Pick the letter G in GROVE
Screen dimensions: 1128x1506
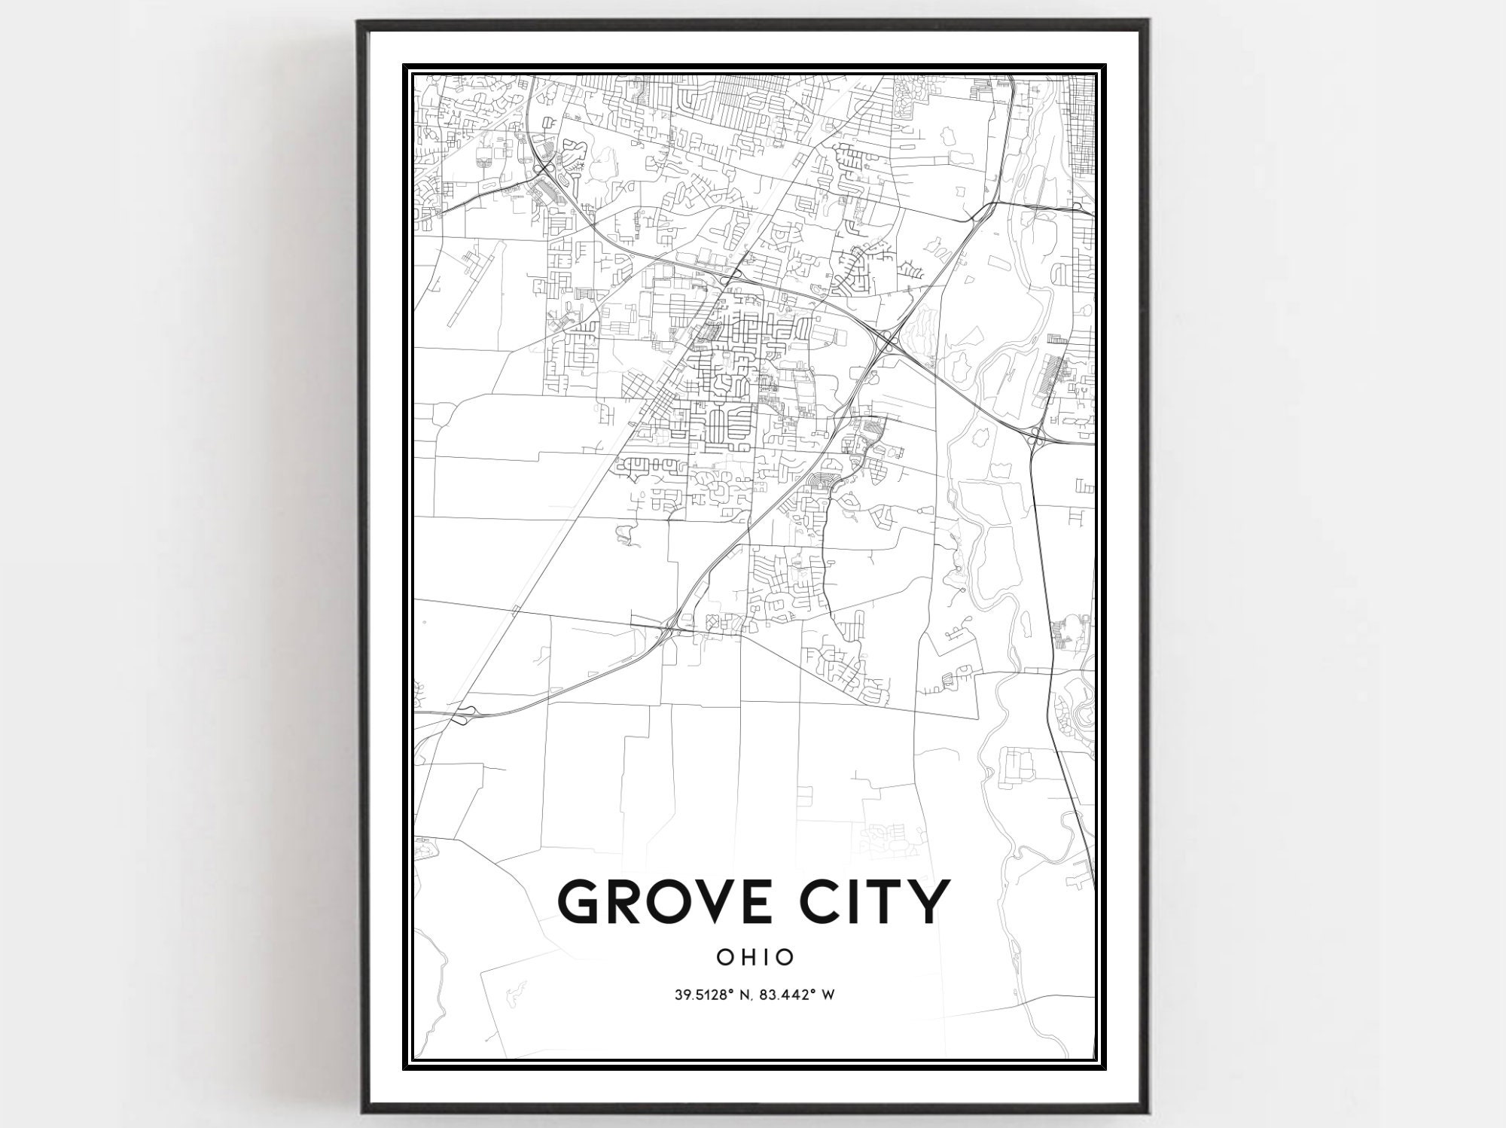[581, 901]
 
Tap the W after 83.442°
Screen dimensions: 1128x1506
[827, 995]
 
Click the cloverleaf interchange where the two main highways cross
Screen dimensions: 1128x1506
[889, 343]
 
